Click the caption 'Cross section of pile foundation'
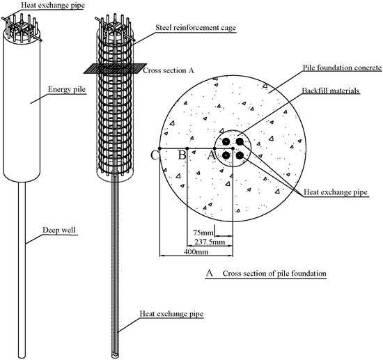tap(274, 274)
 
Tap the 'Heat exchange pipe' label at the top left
tap(31, 5)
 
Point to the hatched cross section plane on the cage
tap(114, 68)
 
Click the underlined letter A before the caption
tap(209, 274)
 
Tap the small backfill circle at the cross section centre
tap(232, 148)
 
